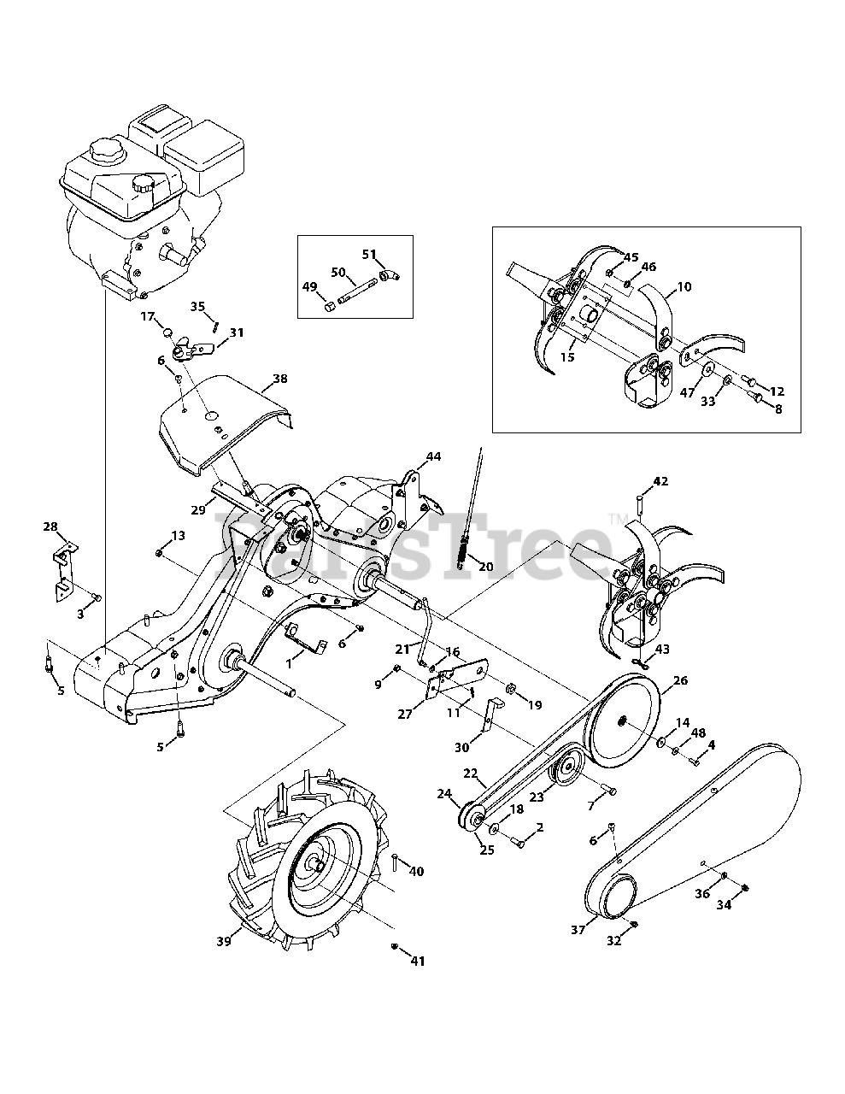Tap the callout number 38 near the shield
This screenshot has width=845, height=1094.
click(279, 378)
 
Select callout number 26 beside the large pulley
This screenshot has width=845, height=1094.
click(680, 681)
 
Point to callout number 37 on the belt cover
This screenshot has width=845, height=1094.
click(578, 930)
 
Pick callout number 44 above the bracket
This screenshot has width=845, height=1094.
click(433, 457)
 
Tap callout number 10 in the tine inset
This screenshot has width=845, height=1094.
click(684, 287)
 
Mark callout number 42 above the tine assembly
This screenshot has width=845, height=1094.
click(660, 482)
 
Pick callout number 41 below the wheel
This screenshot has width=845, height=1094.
click(417, 962)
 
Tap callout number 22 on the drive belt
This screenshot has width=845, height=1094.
click(470, 773)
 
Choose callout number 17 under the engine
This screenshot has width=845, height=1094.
click(147, 317)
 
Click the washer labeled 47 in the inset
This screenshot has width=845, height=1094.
click(708, 370)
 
